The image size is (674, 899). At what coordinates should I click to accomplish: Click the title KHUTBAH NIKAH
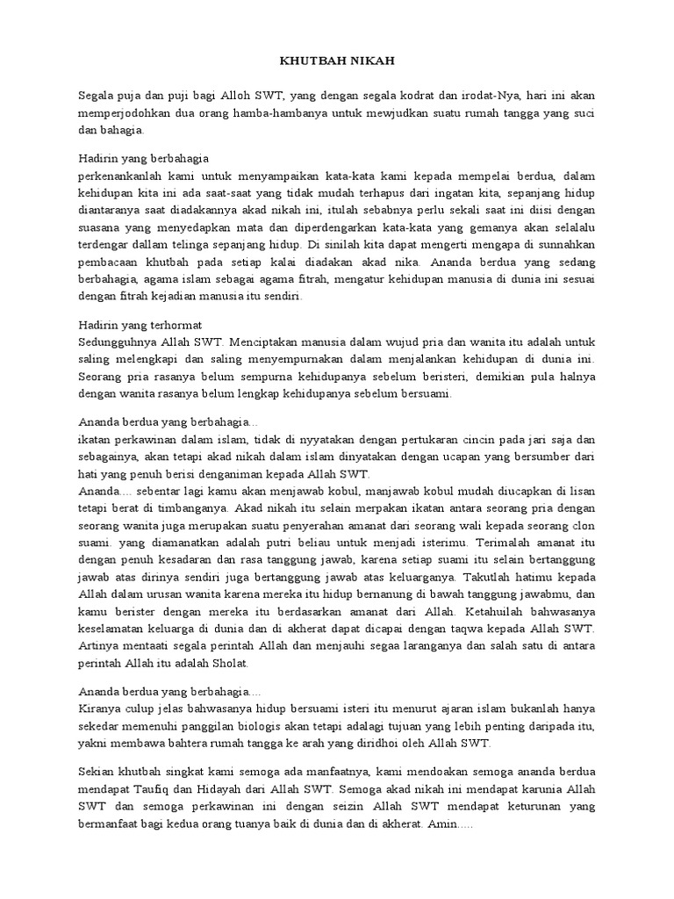(x=336, y=61)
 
